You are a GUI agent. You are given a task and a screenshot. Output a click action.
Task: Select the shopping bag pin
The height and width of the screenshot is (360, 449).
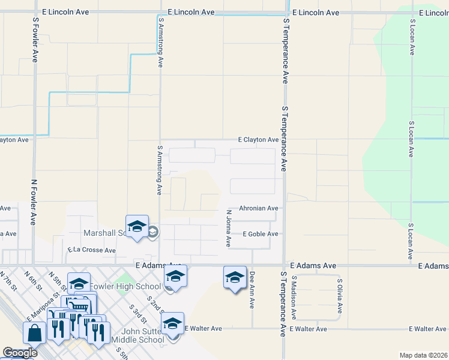click(x=35, y=332)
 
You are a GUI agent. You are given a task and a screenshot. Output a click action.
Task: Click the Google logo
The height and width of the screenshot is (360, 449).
click(x=20, y=353)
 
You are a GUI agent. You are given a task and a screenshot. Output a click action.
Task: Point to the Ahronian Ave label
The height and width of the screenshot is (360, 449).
click(x=259, y=209)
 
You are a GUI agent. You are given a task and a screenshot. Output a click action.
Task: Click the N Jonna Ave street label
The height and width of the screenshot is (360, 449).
click(x=229, y=228)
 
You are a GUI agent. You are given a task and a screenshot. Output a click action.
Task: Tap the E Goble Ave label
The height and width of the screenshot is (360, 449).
click(x=261, y=234)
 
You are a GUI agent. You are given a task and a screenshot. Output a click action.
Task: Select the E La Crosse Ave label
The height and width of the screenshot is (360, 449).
click(x=91, y=250)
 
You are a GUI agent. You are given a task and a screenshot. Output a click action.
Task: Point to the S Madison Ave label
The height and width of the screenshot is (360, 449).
click(x=294, y=297)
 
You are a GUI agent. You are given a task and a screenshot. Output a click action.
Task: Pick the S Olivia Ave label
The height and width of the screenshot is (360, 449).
click(x=340, y=296)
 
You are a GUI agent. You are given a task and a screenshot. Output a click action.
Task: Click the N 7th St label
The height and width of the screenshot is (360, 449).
click(x=8, y=281)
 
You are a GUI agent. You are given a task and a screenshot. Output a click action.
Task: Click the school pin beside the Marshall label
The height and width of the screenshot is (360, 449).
click(x=137, y=226)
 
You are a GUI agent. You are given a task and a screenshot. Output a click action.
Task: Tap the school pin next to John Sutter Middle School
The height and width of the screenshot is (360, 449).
click(x=172, y=324)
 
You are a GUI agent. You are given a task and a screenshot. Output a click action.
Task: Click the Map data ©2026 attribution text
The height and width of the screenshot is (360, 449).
click(x=423, y=355)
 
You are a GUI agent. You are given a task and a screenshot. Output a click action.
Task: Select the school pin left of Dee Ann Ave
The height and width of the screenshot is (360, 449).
click(x=235, y=277)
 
